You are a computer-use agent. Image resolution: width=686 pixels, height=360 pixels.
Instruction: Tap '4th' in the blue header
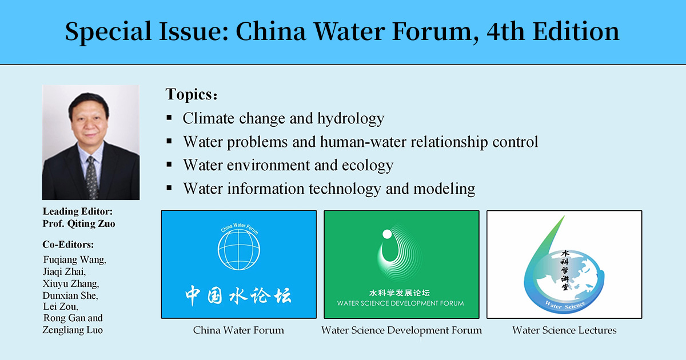pyautogui.click(x=505, y=31)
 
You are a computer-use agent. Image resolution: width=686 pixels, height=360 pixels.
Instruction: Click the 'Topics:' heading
pyautogui.click(x=192, y=94)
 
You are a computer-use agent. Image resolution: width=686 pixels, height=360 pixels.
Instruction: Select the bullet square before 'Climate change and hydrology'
pyautogui.click(x=169, y=118)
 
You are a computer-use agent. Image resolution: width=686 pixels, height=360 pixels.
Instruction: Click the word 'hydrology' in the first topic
pyautogui.click(x=350, y=119)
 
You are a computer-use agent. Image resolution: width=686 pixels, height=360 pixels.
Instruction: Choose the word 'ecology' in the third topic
pyautogui.click(x=368, y=166)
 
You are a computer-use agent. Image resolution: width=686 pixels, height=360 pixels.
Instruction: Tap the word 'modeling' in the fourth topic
pyautogui.click(x=444, y=189)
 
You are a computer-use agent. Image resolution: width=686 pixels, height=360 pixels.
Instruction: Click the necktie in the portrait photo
pyautogui.click(x=91, y=178)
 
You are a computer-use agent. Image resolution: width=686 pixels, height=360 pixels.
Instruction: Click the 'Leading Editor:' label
pyautogui.click(x=78, y=211)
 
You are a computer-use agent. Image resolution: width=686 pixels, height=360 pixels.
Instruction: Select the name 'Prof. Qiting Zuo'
pyautogui.click(x=79, y=224)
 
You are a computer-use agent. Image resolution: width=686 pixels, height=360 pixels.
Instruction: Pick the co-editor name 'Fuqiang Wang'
pyautogui.click(x=74, y=260)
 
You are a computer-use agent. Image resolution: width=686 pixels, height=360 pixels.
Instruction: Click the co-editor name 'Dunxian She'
pyautogui.click(x=70, y=295)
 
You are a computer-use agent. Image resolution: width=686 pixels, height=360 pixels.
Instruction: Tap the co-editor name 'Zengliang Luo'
pyautogui.click(x=73, y=330)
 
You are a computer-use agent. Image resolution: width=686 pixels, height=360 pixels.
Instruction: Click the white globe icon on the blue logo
pyautogui.click(x=239, y=249)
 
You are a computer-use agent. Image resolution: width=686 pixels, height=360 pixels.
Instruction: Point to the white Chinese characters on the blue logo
pyautogui.click(x=238, y=295)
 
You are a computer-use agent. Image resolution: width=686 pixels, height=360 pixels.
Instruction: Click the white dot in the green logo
pyautogui.click(x=387, y=234)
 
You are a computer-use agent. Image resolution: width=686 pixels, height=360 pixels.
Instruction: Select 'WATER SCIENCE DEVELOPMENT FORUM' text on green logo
pyautogui.click(x=401, y=303)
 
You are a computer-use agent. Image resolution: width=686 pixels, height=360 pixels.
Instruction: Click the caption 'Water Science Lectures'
pyautogui.click(x=564, y=330)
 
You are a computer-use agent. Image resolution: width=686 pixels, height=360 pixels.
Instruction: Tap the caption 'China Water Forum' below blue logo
pyautogui.click(x=238, y=330)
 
